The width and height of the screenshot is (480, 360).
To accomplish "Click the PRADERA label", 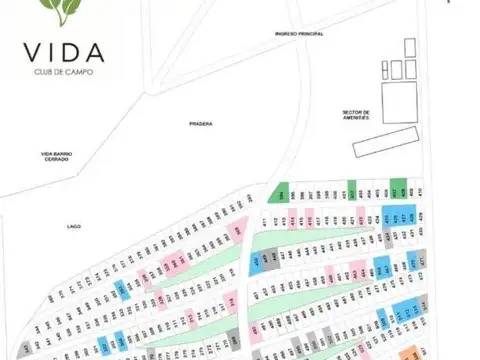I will tap(201, 124).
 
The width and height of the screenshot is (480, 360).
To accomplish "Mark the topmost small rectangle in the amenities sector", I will tap(410, 48).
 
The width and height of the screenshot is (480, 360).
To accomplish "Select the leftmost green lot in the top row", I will tap(283, 192).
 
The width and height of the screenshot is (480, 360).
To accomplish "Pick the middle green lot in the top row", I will tap(351, 192).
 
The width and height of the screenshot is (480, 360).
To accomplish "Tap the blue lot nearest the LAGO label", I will tap(119, 289).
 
